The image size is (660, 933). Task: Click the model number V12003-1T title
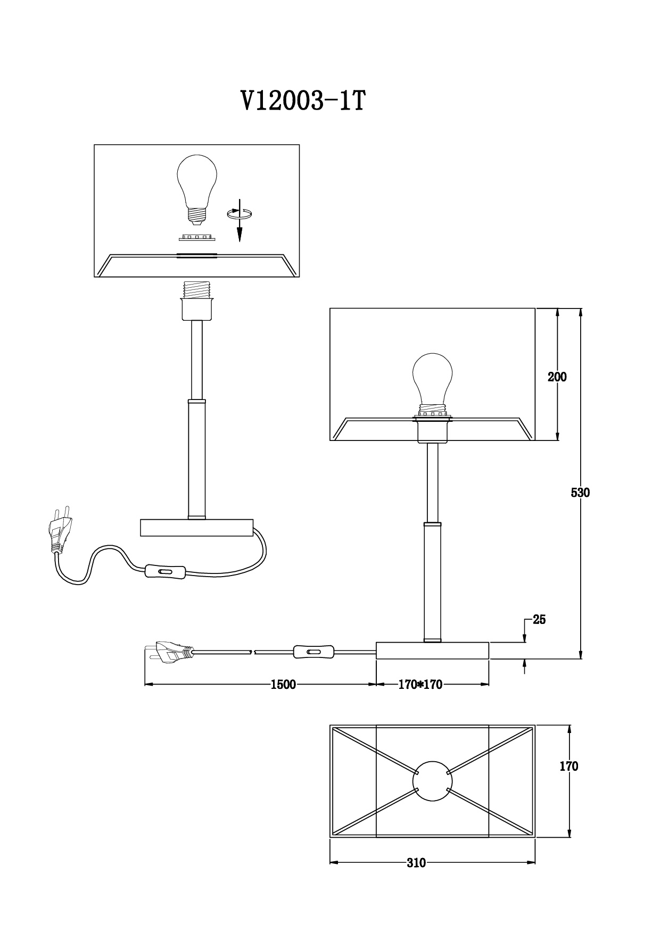tap(303, 100)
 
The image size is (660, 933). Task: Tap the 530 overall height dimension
tap(580, 493)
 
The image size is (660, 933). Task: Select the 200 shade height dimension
tap(557, 377)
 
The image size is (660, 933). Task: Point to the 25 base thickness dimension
tap(539, 620)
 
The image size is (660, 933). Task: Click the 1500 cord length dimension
tap(283, 685)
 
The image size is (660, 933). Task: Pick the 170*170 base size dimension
tap(420, 685)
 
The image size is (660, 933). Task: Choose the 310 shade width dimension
tap(416, 863)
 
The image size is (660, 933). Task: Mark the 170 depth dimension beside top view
tap(569, 767)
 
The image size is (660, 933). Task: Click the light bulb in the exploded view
tap(197, 190)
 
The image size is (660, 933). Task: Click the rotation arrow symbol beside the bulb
tap(241, 213)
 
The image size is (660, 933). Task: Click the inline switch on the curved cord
tap(165, 572)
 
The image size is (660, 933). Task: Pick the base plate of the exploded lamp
tap(197, 528)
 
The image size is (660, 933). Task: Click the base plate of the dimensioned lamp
tap(433, 651)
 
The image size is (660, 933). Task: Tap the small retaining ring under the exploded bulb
tap(196, 236)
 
